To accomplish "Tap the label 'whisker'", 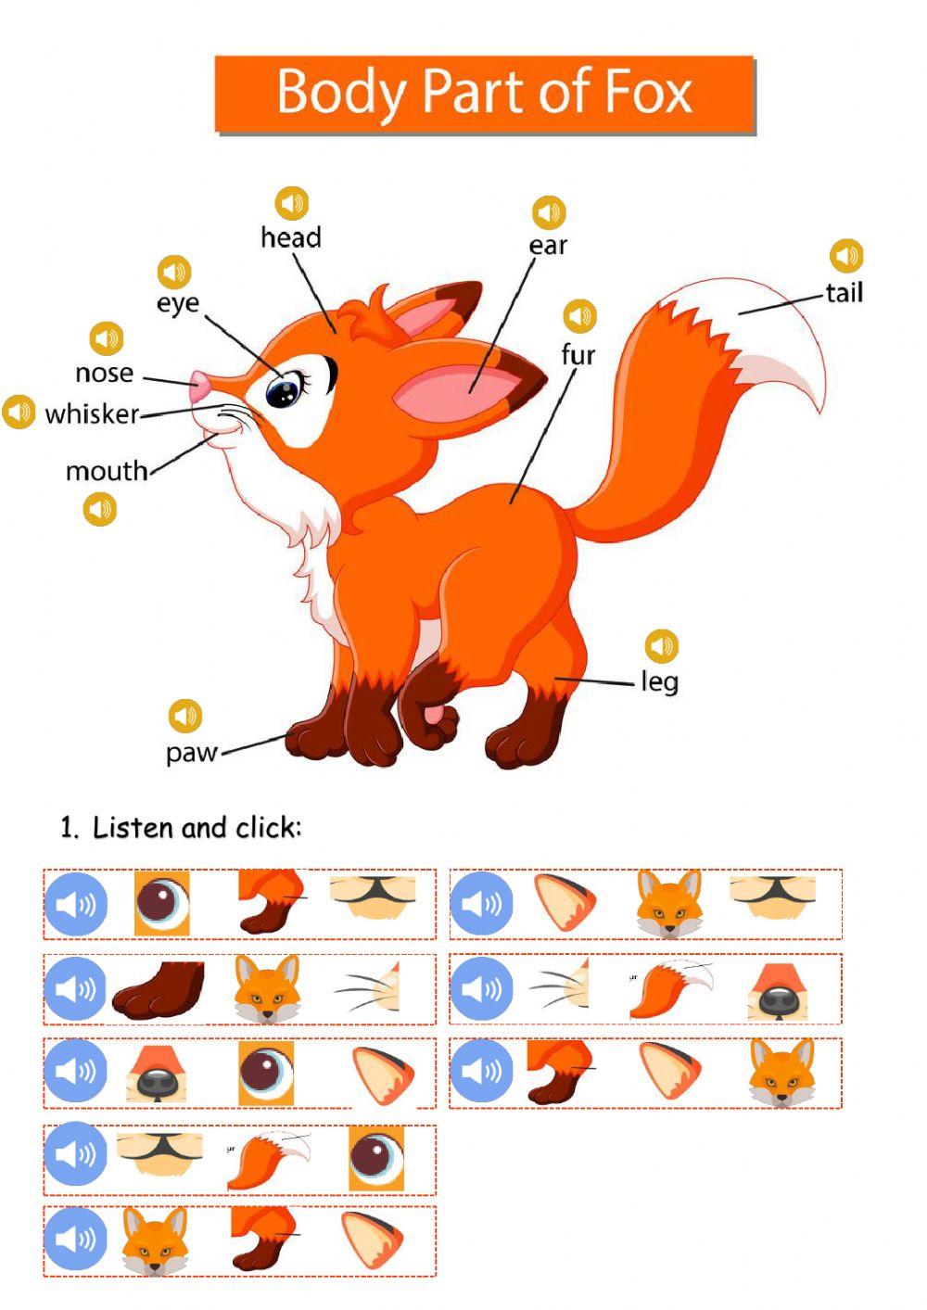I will pos(92,413).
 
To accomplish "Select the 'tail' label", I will pos(844,293).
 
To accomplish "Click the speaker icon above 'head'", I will pos(292,203).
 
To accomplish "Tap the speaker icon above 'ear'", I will pos(549,212).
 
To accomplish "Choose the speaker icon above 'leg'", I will pos(661,645).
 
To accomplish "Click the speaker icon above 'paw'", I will pos(185,716).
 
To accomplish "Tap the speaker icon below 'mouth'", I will pos(100,509).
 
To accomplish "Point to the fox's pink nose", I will pos(198,387).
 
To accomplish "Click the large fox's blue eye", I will pos(281,392).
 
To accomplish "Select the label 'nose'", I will pos(104,373).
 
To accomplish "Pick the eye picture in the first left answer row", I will pos(162,903).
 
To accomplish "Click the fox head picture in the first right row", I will pos(667,903).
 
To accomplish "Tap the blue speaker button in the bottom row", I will pos(76,1240).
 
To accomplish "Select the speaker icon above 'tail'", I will pos(846,255).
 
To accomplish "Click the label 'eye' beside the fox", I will pos(177,303).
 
